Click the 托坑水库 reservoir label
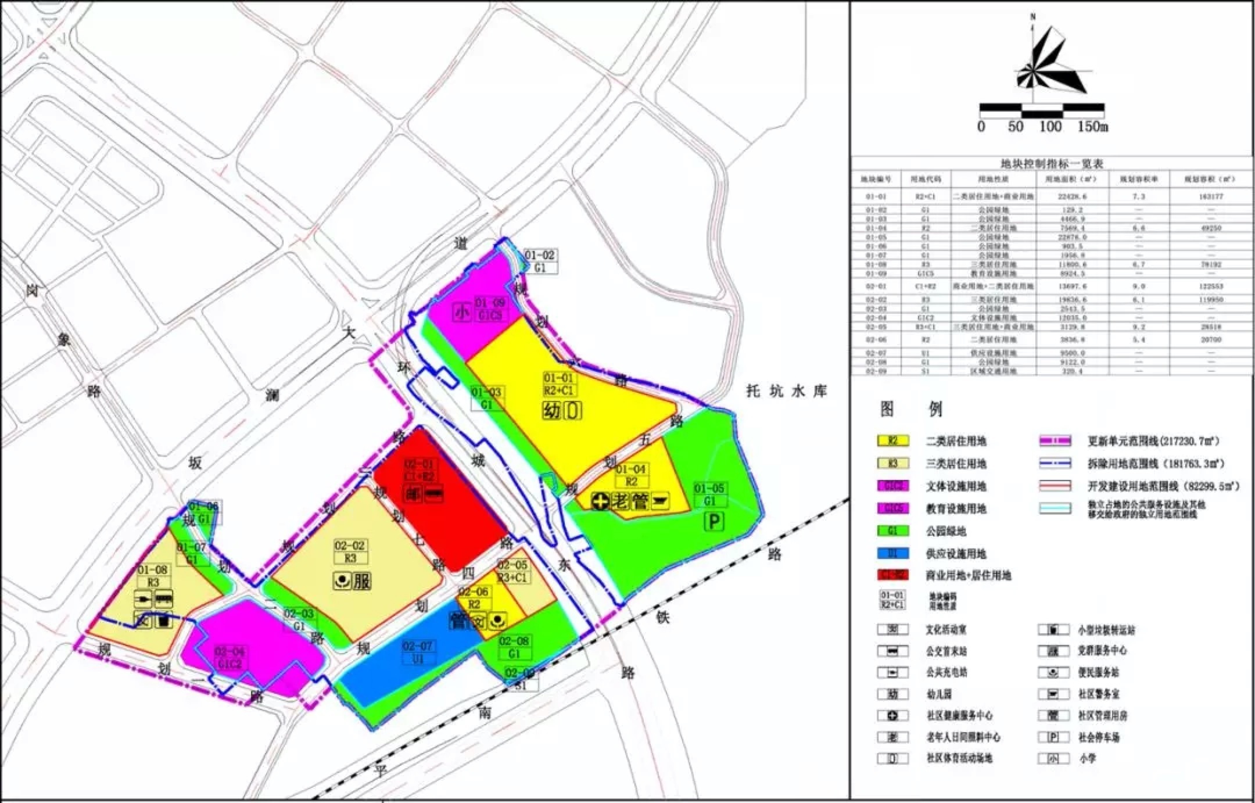pyautogui.click(x=786, y=391)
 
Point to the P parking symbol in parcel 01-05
pyautogui.click(x=713, y=521)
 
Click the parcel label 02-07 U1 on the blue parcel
pyautogui.click(x=417, y=653)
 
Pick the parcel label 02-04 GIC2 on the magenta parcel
pyautogui.click(x=229, y=658)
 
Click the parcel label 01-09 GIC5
pyautogui.click(x=490, y=309)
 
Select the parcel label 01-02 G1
pyautogui.click(x=540, y=261)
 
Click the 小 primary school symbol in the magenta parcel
pyautogui.click(x=462, y=313)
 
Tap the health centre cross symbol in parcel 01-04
pyautogui.click(x=601, y=501)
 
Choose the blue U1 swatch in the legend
pyautogui.click(x=893, y=553)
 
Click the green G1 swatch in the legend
pyautogui.click(x=893, y=531)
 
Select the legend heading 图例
pyautogui.click(x=910, y=410)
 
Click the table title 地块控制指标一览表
pyautogui.click(x=1051, y=164)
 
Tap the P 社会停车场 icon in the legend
pyautogui.click(x=1053, y=737)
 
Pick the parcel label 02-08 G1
pyautogui.click(x=514, y=647)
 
